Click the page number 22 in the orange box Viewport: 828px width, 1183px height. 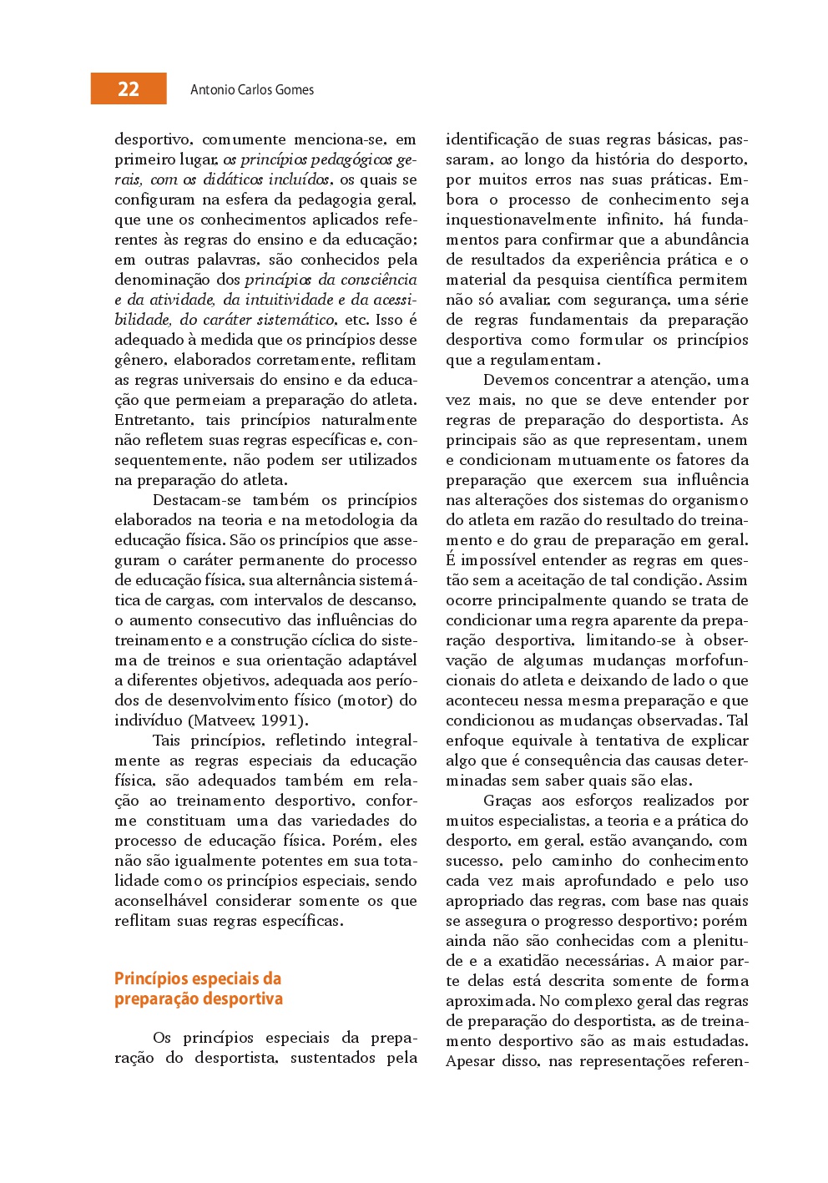[129, 89]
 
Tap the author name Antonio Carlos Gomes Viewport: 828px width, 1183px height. [252, 90]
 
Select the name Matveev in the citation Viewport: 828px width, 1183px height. [225, 720]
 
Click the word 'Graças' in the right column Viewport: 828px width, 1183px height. [507, 801]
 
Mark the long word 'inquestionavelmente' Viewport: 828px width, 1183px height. [521, 220]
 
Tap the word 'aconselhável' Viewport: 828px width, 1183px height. [160, 901]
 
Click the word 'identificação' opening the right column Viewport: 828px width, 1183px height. [492, 139]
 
